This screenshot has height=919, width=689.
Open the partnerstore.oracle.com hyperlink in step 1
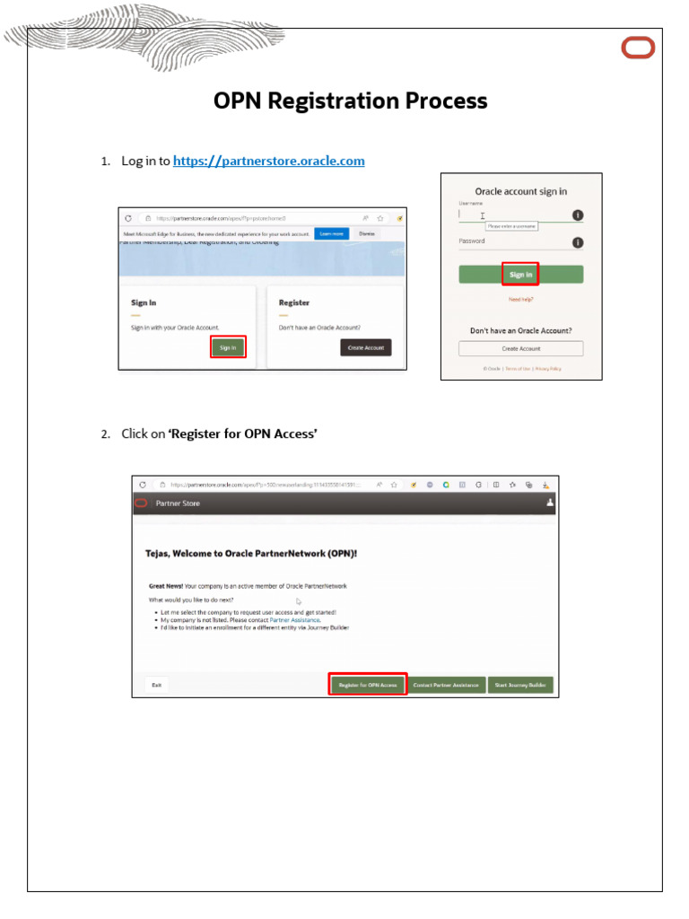[268, 161]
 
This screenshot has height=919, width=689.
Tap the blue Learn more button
[331, 233]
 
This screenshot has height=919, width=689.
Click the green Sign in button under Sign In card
[228, 347]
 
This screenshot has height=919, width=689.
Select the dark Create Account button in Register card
[365, 347]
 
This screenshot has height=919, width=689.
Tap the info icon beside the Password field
[578, 242]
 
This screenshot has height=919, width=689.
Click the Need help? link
[520, 299]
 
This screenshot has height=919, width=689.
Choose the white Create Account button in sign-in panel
[520, 348]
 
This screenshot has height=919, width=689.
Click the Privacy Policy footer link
[548, 369]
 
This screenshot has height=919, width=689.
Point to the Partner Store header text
[178, 503]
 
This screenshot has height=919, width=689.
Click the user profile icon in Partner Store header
[550, 503]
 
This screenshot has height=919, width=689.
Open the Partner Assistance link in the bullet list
[294, 619]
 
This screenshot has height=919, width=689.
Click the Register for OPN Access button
[368, 685]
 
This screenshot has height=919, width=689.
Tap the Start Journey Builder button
[520, 685]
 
